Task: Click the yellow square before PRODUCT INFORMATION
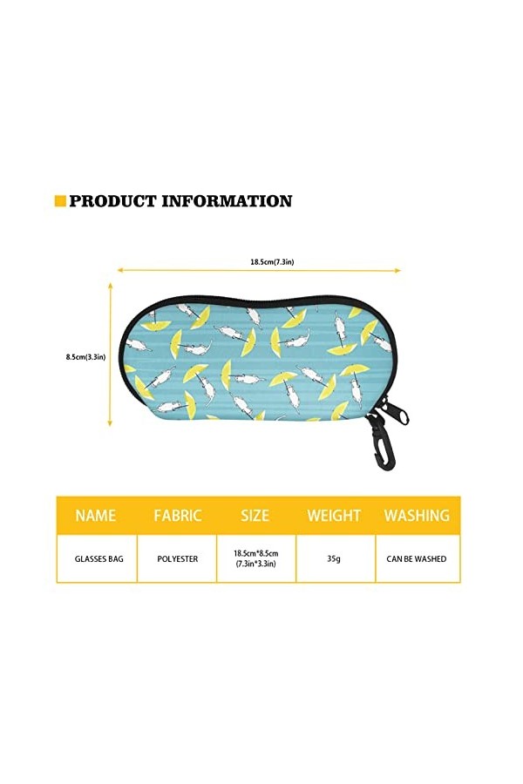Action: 60,201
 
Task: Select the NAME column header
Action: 96,515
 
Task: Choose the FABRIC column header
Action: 178,515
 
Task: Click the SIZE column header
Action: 255,515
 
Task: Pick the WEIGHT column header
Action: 333,515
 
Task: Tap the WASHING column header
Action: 417,515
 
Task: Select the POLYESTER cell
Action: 178,558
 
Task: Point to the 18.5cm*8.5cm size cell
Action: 255,558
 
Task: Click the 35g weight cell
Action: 333,558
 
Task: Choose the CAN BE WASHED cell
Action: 417,558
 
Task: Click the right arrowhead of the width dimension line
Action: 398,271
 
